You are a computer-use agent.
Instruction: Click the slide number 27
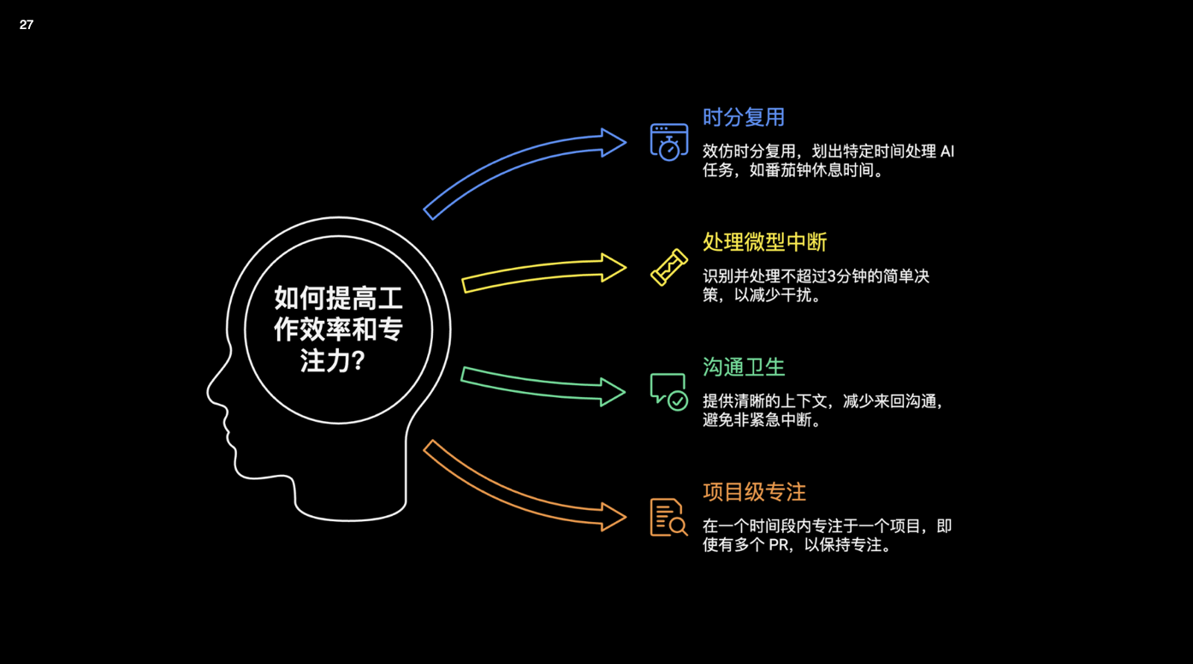coord(27,25)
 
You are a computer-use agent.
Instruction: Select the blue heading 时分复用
coord(743,117)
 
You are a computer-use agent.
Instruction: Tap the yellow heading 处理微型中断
coord(764,242)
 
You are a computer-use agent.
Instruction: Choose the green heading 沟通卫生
coord(743,367)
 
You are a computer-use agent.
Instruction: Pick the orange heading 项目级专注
coord(754,492)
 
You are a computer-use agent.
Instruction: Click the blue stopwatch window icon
coord(668,142)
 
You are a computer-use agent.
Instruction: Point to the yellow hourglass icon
coord(668,267)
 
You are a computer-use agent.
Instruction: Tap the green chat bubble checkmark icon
coord(668,392)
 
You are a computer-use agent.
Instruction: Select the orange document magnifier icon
coord(668,518)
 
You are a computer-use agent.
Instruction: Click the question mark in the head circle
coord(359,361)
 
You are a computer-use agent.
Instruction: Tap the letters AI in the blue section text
coord(947,151)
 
